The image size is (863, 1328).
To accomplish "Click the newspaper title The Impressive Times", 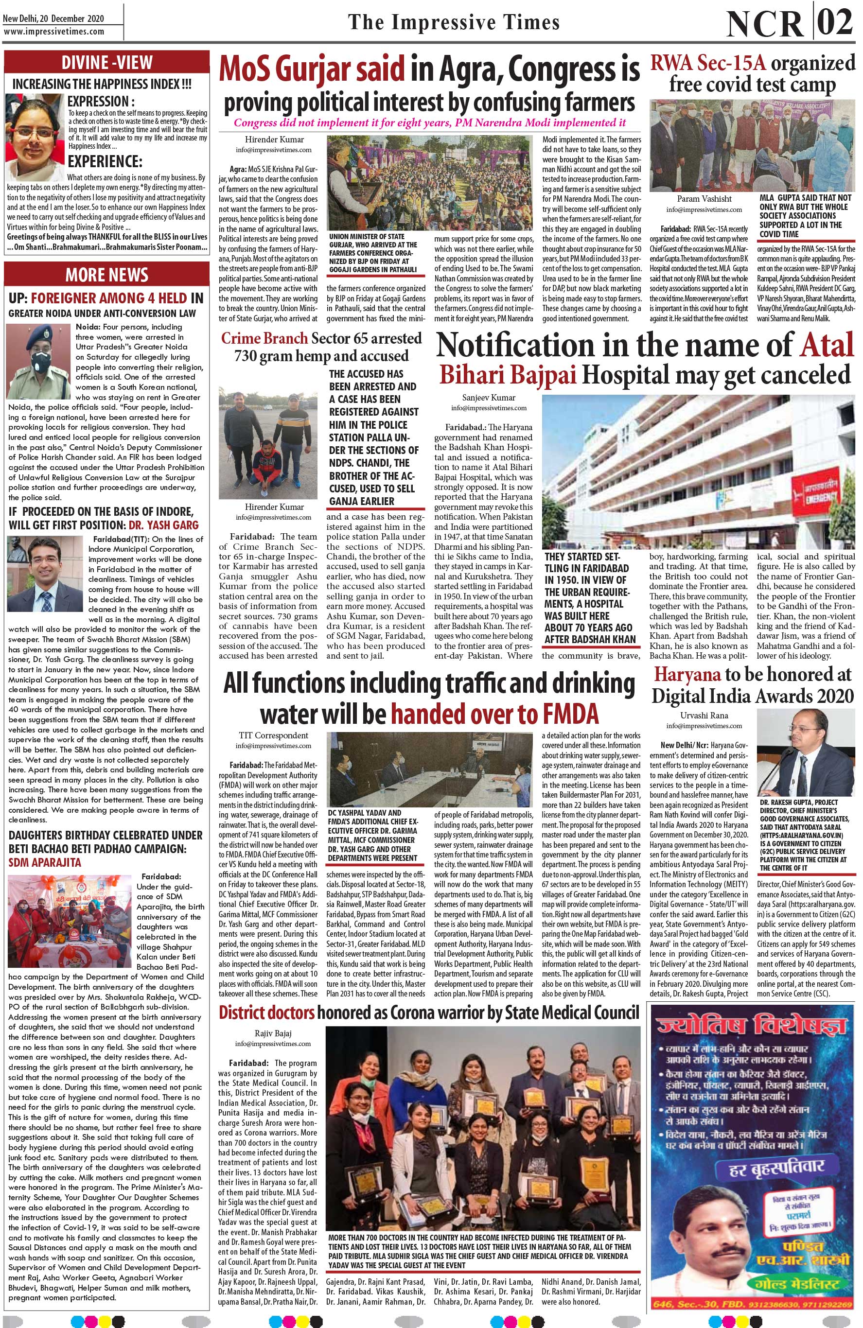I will click(453, 22).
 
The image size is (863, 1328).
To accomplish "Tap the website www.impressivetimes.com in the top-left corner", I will click(53, 32).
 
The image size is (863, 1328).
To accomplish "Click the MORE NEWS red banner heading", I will click(106, 275).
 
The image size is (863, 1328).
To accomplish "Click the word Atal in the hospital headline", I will click(827, 345).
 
